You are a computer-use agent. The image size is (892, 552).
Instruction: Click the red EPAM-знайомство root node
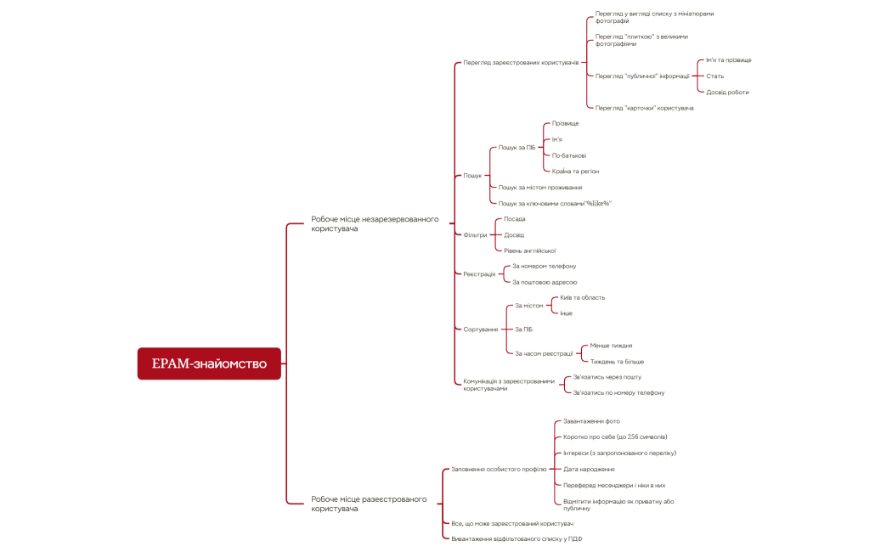click(209, 363)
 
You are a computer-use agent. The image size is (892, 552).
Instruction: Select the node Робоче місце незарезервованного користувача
click(375, 223)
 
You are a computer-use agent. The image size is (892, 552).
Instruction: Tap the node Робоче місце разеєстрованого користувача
click(369, 504)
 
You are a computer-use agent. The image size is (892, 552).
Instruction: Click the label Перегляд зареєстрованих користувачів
click(521, 63)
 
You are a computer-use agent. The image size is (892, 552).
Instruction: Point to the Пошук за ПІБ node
click(517, 148)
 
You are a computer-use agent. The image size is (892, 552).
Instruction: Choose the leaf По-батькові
click(568, 155)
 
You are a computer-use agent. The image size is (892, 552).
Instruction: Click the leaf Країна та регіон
click(574, 171)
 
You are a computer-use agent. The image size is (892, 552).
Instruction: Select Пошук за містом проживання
click(539, 187)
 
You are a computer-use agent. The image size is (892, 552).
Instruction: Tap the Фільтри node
click(475, 234)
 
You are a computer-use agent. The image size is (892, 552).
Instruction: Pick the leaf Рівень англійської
click(529, 251)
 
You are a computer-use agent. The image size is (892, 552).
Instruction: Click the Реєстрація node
click(479, 274)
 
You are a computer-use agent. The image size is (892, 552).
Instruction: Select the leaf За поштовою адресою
click(545, 282)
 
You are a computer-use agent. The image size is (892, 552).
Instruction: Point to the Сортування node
click(480, 330)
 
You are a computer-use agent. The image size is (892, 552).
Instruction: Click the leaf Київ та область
click(582, 298)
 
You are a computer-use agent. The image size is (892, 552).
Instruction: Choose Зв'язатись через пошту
click(607, 377)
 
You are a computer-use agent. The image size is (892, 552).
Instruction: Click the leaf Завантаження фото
click(591, 421)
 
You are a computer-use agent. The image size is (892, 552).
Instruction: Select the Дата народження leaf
click(589, 469)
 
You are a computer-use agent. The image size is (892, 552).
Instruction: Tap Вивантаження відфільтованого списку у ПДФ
click(517, 539)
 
